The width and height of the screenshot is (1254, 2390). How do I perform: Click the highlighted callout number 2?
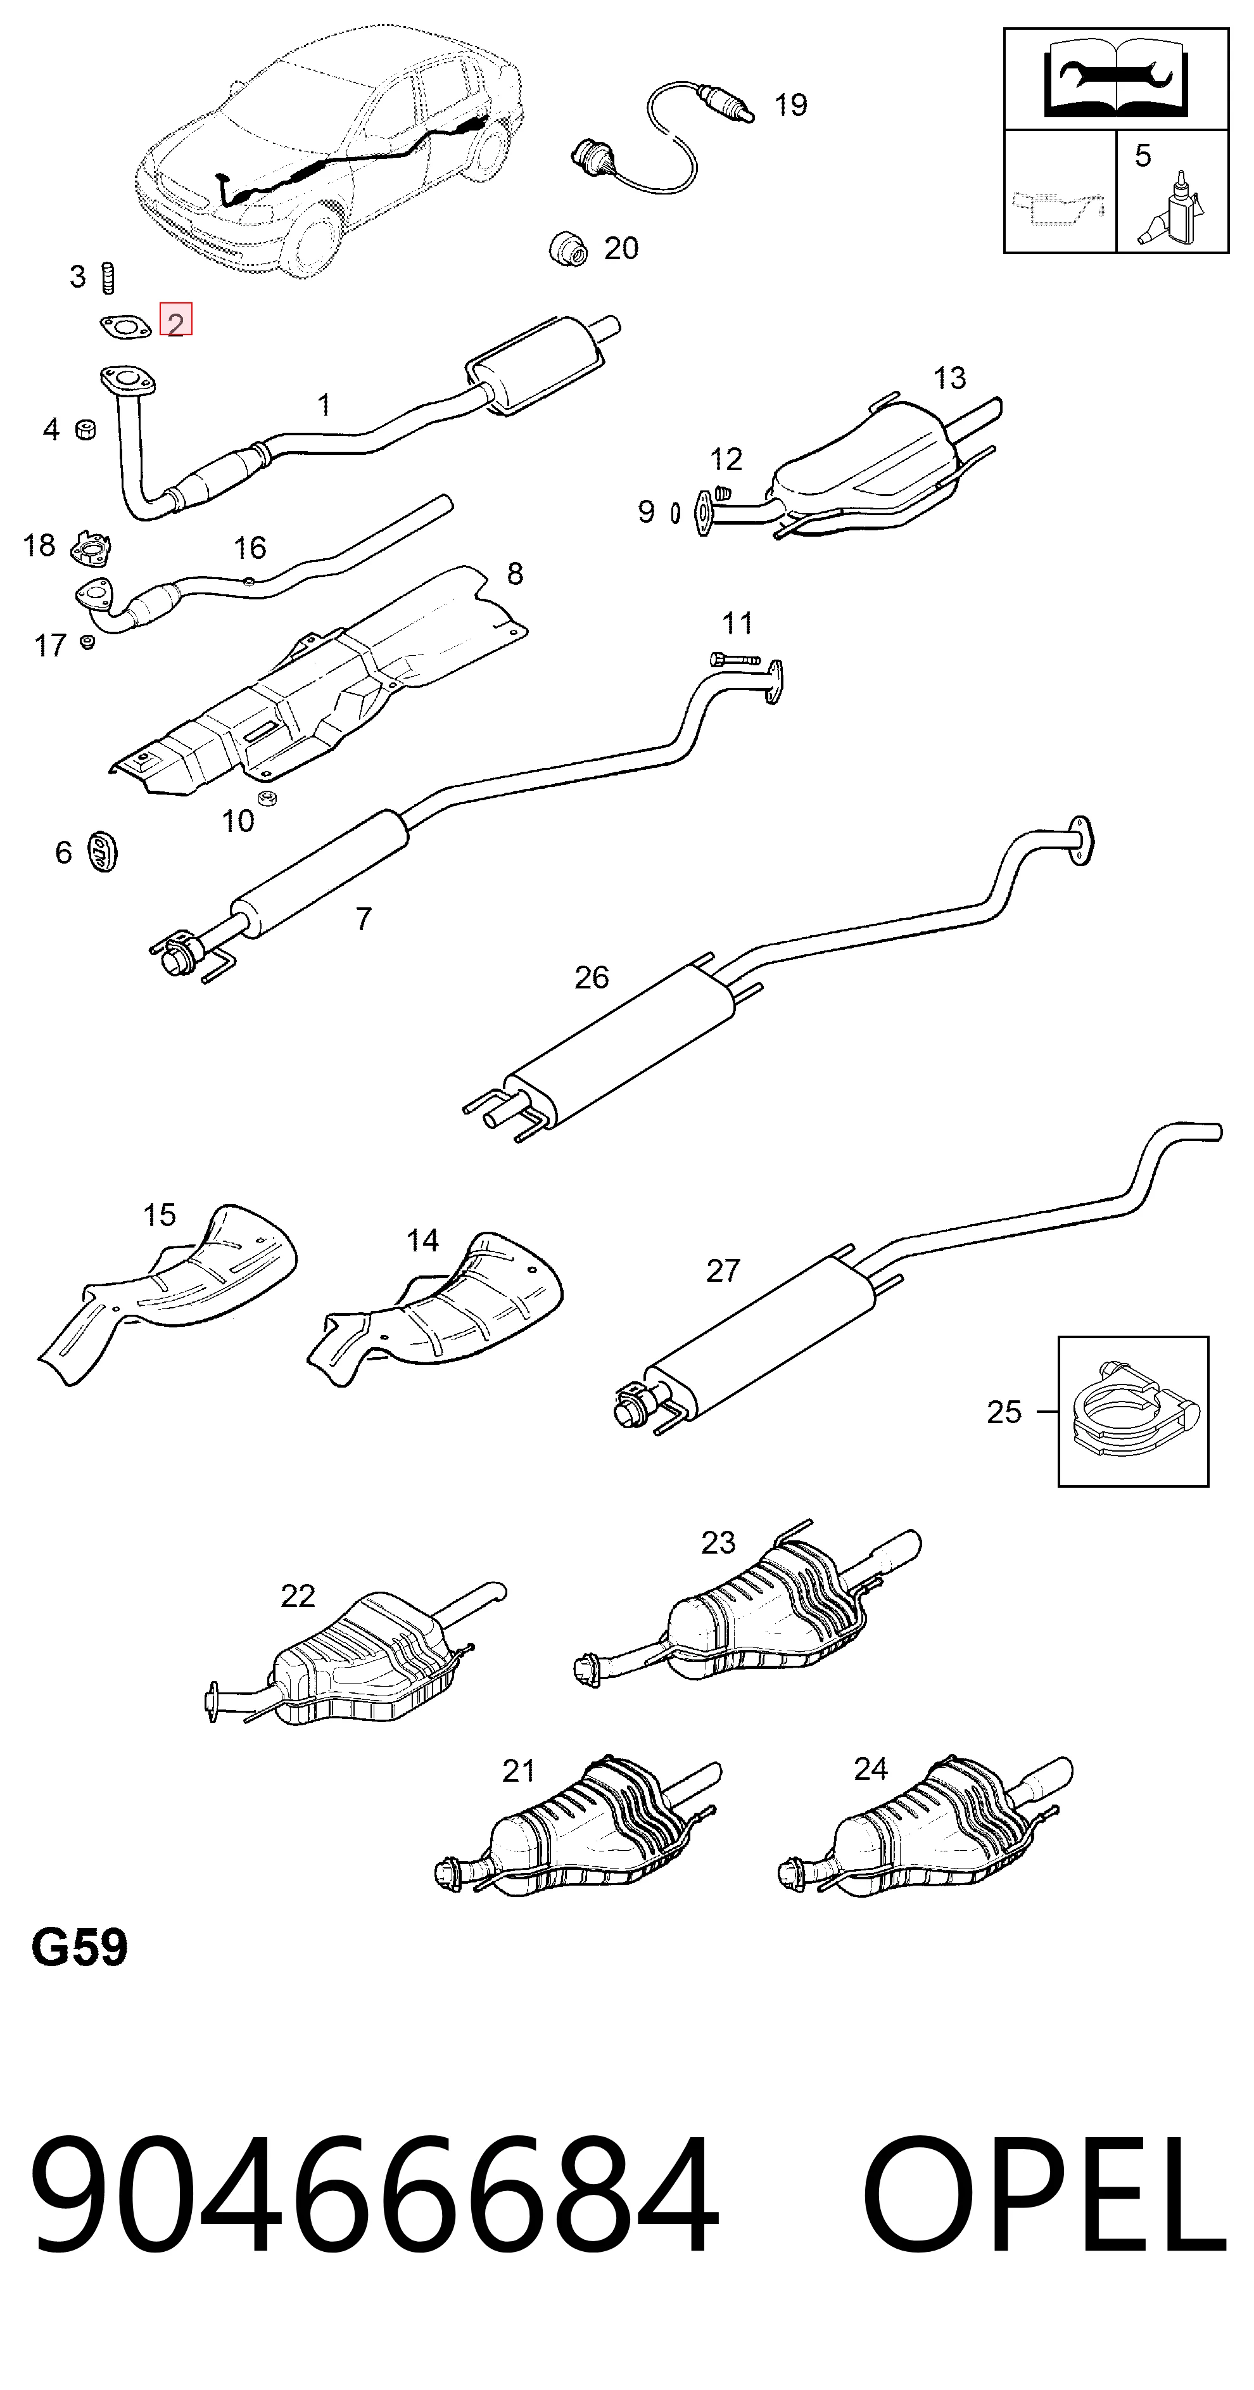[175, 321]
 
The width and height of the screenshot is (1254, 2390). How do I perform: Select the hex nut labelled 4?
[86, 430]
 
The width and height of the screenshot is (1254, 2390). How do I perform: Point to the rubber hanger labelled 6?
[102, 852]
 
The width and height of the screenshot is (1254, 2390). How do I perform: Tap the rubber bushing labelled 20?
[567, 247]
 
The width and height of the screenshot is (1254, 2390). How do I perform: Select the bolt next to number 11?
[735, 660]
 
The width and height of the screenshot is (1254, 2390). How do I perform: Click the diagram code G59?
[80, 1948]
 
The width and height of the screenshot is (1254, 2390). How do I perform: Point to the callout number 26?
[592, 977]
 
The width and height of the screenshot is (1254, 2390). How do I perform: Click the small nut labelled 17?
[88, 641]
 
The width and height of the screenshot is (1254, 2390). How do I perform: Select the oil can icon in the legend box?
[1058, 206]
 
